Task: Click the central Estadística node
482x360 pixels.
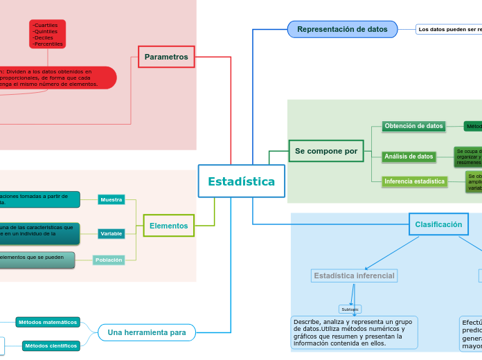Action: tap(241, 181)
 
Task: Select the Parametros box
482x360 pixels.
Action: tap(166, 57)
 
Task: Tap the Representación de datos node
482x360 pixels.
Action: tap(342, 29)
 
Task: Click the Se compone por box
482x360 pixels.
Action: tap(326, 151)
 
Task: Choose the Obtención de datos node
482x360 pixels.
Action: tap(413, 126)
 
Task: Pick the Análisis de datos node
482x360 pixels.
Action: tap(409, 156)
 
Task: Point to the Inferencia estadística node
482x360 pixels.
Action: tap(414, 181)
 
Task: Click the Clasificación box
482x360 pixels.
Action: tap(438, 224)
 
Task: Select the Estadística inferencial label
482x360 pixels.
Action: tap(354, 276)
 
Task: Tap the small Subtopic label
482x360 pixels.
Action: tap(350, 309)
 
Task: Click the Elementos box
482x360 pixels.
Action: tap(169, 226)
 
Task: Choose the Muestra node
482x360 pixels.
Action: tap(111, 200)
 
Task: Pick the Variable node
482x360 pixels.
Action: tap(111, 234)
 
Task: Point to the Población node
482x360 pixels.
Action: tap(109, 260)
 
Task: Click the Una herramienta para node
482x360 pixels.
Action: tap(147, 332)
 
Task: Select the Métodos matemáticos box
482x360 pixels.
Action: tap(48, 323)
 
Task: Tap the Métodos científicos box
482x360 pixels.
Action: tap(51, 345)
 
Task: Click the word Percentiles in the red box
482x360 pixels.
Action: tap(48, 44)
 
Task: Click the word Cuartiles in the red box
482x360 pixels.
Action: tap(46, 25)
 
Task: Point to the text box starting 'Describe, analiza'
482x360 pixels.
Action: tap(352, 333)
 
